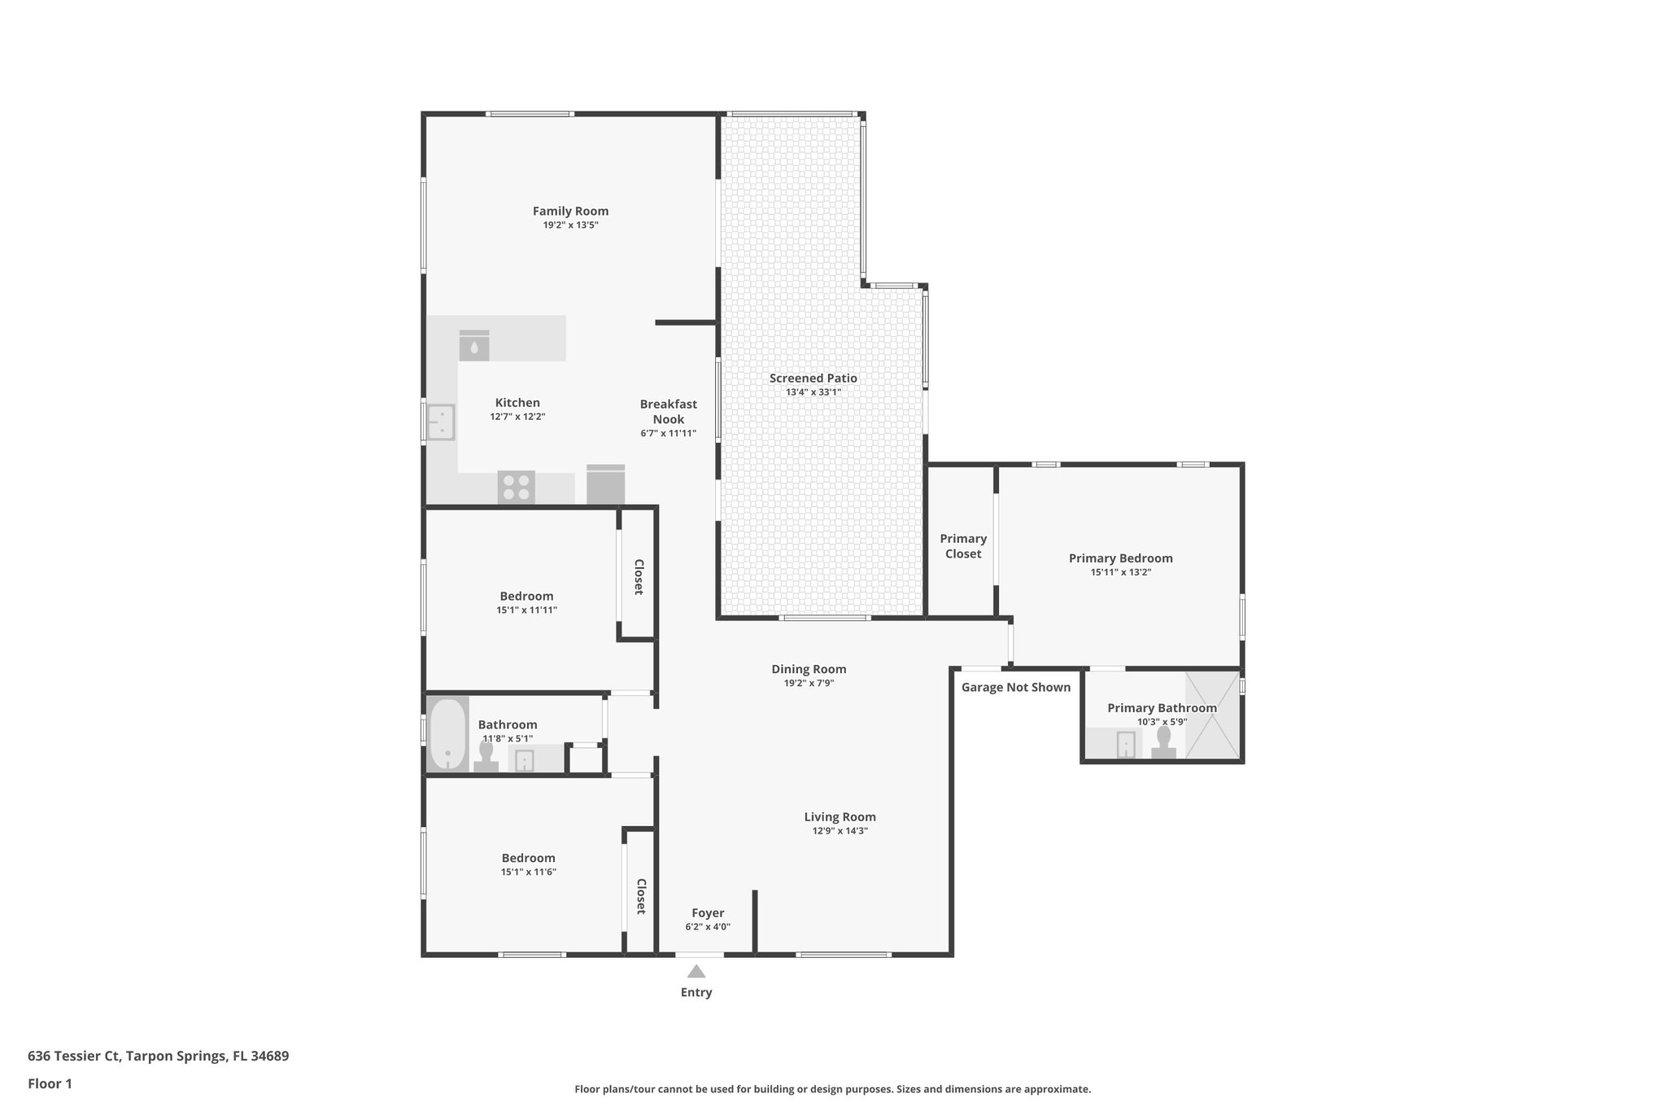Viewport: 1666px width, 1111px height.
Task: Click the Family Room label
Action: point(570,211)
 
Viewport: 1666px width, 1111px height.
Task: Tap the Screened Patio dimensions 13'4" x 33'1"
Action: point(813,392)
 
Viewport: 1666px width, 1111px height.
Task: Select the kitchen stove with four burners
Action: point(516,487)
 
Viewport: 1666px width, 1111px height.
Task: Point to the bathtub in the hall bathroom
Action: point(447,733)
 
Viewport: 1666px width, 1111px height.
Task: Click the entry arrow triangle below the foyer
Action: point(696,971)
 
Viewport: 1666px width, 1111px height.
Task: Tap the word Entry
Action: point(696,992)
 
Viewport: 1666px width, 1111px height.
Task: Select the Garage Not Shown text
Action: point(1015,687)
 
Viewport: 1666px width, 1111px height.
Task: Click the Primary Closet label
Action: point(963,546)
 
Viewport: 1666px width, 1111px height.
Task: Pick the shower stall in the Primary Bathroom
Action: point(1213,716)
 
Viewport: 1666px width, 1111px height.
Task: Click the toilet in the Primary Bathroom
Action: point(1163,742)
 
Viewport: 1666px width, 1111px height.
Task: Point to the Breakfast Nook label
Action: point(668,411)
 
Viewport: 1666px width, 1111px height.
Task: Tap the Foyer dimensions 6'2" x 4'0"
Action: point(708,927)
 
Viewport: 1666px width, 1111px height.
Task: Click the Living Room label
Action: point(840,816)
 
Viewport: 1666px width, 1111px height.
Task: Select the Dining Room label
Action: point(809,669)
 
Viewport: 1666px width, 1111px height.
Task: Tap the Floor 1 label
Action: point(50,1083)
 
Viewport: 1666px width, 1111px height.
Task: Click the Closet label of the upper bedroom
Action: point(639,576)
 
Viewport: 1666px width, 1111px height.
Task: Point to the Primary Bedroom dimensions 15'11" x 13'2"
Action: point(1120,572)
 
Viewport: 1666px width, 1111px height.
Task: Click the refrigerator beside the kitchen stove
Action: point(605,485)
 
